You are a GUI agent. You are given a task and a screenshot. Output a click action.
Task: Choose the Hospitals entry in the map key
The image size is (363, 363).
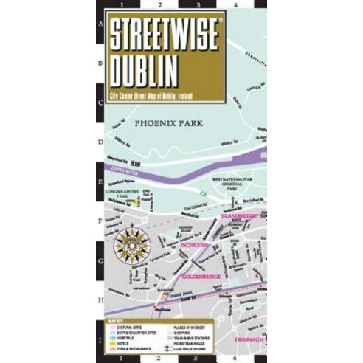click(127, 336)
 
